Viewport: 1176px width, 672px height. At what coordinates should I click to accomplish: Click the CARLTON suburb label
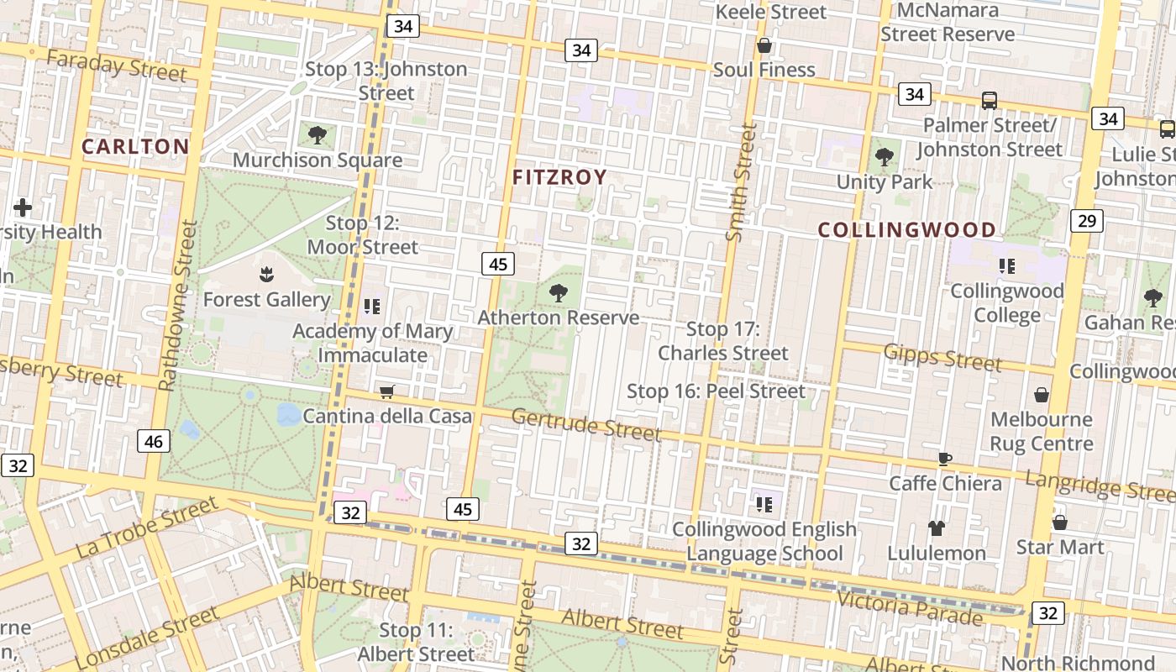coord(135,146)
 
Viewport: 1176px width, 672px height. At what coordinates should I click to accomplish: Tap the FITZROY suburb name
coord(559,176)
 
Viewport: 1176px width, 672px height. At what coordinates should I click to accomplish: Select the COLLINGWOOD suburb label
coord(907,229)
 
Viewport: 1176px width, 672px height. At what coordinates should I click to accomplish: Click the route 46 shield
coord(154,441)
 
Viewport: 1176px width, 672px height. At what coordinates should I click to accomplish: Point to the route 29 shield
coord(1086,221)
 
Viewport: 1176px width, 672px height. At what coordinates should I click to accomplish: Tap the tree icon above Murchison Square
coord(318,134)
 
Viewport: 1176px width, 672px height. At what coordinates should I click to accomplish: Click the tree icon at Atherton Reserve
coord(558,293)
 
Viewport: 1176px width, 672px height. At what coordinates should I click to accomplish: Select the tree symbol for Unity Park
coord(884,156)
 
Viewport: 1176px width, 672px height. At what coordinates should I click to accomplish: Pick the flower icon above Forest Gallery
coord(266,274)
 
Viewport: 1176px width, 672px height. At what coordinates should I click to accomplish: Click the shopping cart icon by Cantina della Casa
coord(386,391)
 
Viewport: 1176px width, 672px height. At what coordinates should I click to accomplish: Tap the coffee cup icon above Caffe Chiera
coord(945,459)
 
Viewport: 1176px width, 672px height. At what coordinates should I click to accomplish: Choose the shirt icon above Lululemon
coord(937,528)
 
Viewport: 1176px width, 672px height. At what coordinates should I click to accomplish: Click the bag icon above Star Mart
coord(1060,522)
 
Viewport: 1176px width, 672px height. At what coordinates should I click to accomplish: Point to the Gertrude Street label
coord(585,424)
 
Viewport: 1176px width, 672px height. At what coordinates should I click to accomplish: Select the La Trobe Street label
coord(147,528)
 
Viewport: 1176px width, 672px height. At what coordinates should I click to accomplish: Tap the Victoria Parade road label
coord(910,607)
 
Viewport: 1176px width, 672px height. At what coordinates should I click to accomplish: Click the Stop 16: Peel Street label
coord(717,391)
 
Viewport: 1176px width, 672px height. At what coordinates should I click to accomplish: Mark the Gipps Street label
coord(942,358)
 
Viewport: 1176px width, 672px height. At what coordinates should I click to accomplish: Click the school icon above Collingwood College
coord(1007,266)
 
